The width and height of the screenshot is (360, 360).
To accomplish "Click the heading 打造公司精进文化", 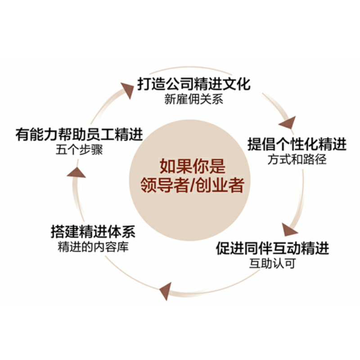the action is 193,85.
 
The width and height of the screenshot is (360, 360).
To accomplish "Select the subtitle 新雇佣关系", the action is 193,99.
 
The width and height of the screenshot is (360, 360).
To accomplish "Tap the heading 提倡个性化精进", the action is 297,145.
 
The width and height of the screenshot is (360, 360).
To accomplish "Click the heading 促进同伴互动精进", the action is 272,248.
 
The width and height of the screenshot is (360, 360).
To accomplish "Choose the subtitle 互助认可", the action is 272,263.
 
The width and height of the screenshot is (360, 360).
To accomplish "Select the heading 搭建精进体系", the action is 93,233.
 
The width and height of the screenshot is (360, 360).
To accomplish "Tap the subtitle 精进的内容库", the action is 93,247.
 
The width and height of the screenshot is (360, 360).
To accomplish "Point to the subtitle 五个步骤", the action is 77,149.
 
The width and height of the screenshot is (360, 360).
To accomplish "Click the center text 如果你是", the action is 192,167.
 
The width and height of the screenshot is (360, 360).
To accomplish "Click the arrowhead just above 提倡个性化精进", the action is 288,122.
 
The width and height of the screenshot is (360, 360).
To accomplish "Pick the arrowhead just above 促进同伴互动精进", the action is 289,229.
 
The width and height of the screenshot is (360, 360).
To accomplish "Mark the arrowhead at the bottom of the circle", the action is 165,290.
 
